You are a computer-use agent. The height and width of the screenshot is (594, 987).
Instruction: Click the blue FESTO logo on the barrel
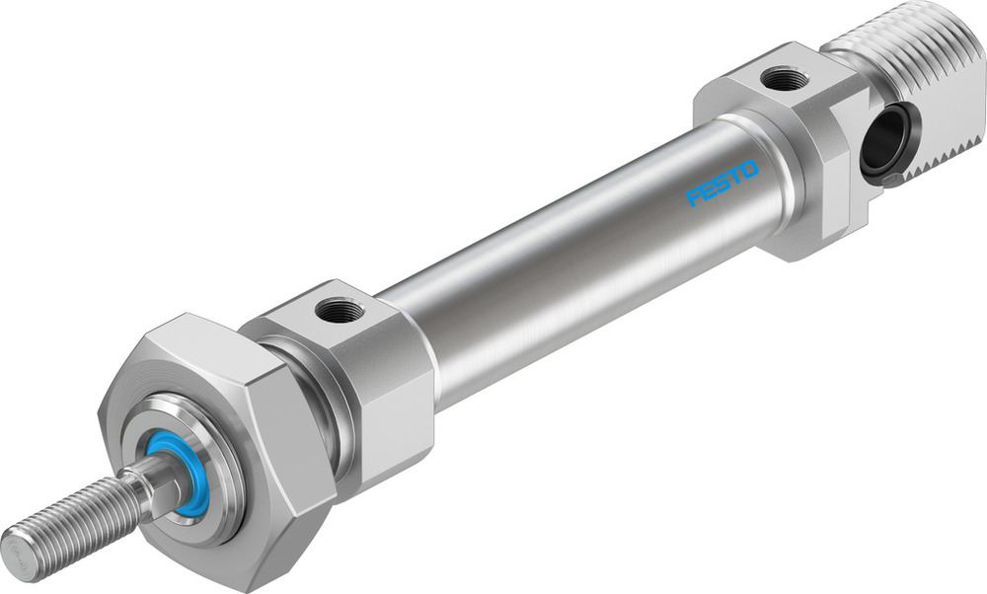pos(722,183)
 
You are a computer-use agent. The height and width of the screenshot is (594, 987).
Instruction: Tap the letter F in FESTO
pos(695,197)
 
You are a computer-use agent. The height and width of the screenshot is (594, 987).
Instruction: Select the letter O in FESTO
pos(749,169)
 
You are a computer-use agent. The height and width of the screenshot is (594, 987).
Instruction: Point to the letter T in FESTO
pos(735,176)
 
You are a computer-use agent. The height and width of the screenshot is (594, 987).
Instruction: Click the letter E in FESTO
pos(709,190)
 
